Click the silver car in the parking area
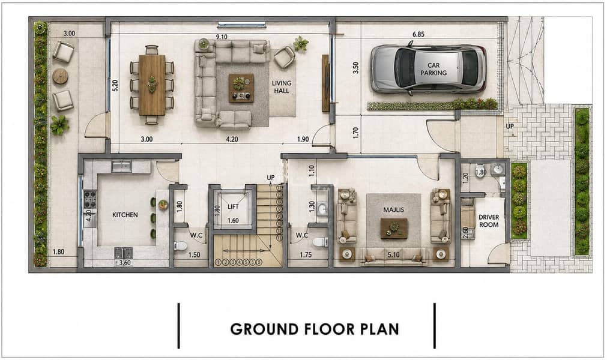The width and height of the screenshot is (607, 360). [x=428, y=68]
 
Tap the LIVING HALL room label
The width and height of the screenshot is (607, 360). [x=282, y=87]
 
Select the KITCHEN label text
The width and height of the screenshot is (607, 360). [x=125, y=215]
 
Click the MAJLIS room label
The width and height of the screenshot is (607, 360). [x=394, y=210]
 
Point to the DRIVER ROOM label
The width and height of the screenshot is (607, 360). [x=489, y=221]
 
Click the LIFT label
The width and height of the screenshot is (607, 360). [x=233, y=207]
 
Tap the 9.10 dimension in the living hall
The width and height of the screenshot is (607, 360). [x=222, y=37]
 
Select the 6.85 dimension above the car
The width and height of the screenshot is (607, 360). [x=418, y=34]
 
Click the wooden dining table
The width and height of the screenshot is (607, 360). [x=152, y=85]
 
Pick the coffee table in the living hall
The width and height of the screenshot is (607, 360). [x=241, y=88]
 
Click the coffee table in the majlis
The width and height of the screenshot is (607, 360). [x=394, y=228]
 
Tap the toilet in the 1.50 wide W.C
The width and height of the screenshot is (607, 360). [x=180, y=245]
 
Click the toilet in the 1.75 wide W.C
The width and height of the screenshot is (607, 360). [x=320, y=242]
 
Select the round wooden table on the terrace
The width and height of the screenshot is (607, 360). [x=61, y=76]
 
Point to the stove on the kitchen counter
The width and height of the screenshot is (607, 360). [x=90, y=200]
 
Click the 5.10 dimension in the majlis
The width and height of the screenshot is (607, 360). [x=393, y=255]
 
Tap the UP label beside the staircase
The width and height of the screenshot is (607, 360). [x=271, y=178]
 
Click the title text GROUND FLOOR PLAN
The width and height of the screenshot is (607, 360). [x=315, y=329]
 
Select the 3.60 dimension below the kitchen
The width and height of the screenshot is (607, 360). [x=125, y=263]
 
